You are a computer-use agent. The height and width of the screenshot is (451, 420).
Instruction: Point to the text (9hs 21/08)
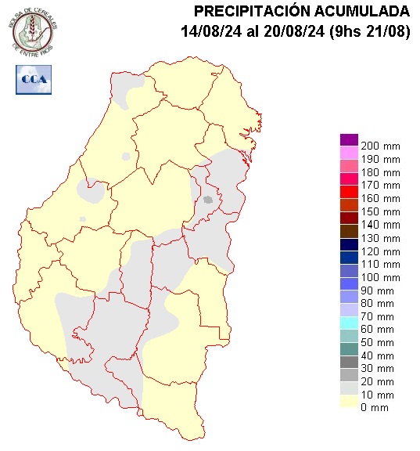pyautogui.click(x=369, y=31)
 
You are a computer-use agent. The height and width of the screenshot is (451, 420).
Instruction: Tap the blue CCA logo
pyautogui.click(x=33, y=80)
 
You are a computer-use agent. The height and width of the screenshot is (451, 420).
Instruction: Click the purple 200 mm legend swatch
pyautogui.click(x=349, y=139)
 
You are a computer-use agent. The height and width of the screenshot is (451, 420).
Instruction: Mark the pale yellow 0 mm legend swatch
pyautogui.click(x=349, y=402)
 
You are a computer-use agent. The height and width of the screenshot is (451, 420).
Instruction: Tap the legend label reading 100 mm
pyautogui.click(x=380, y=278)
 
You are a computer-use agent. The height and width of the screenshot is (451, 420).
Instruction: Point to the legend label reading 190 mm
pyautogui.click(x=380, y=160)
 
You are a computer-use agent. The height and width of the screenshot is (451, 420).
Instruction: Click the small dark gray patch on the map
pyautogui.click(x=208, y=200)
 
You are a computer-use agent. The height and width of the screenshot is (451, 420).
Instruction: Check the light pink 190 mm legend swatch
pyautogui.click(x=349, y=153)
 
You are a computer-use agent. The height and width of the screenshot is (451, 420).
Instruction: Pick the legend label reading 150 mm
pyautogui.click(x=380, y=212)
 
